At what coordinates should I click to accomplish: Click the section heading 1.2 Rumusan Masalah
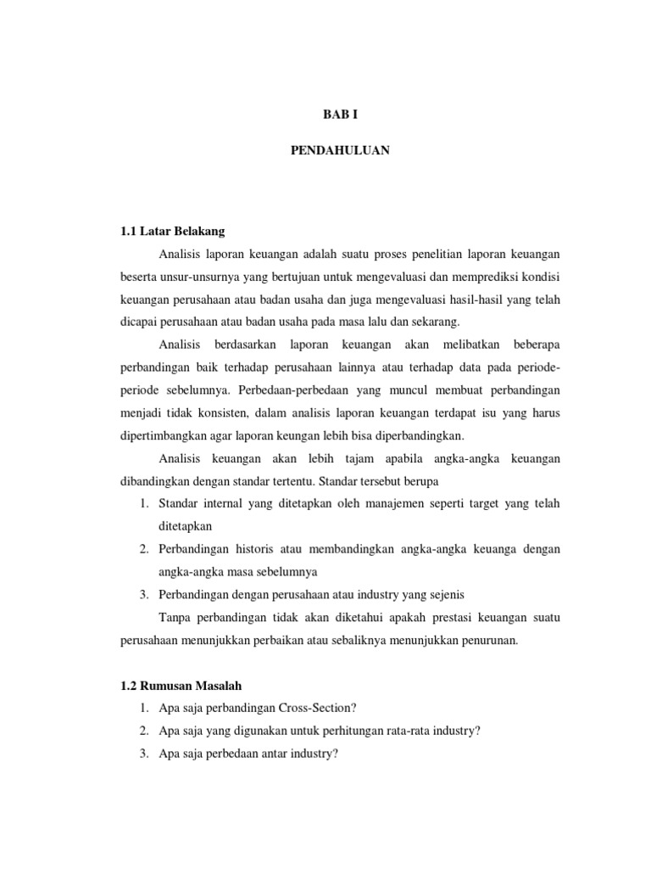(x=181, y=684)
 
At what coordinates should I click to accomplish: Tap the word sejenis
(x=445, y=594)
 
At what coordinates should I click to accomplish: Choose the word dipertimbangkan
(x=164, y=436)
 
